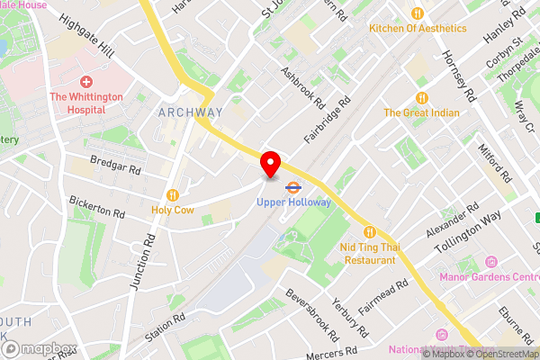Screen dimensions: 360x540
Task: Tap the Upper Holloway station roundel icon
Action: click(293, 188)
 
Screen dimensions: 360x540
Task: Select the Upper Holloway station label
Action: click(293, 202)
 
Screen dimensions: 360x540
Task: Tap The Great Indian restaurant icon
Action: click(421, 98)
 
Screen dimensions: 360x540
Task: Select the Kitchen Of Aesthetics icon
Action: click(417, 13)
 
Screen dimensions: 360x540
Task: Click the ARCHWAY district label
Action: click(190, 112)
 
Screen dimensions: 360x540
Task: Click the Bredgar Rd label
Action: click(116, 169)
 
